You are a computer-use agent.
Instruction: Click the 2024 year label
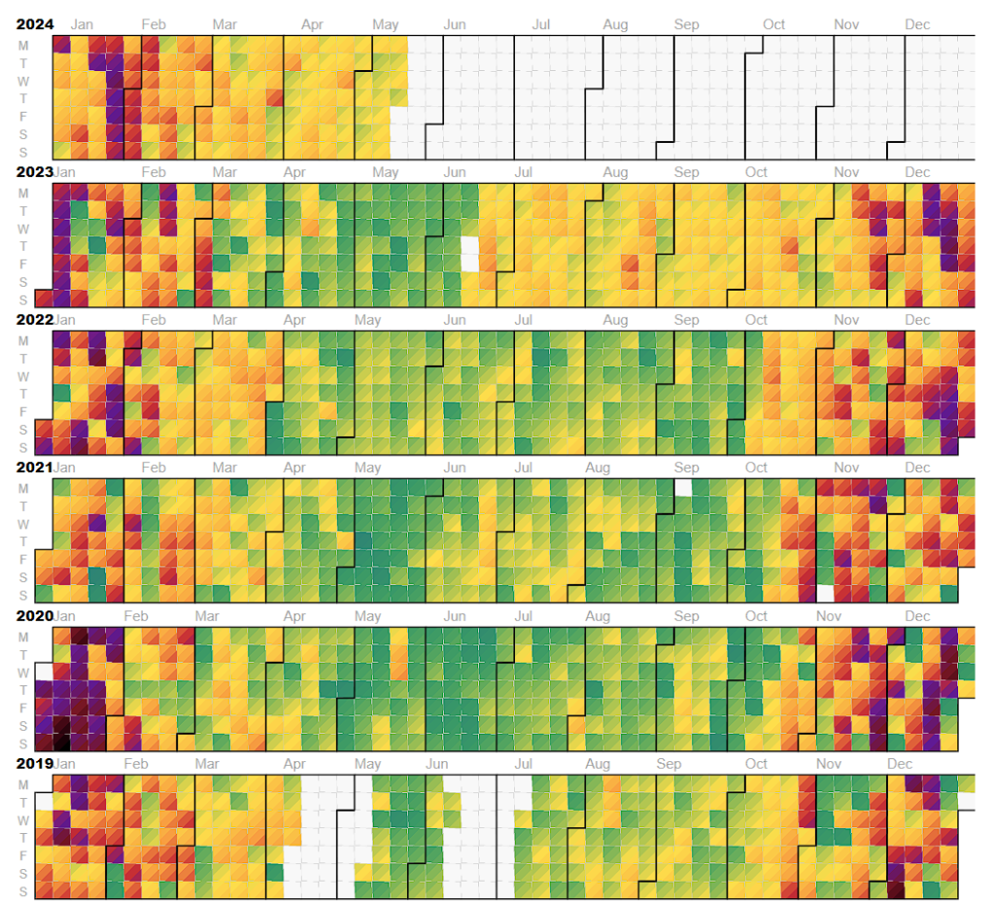[34, 24]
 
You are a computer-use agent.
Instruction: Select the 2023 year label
[34, 172]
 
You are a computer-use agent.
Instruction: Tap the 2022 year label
[34, 320]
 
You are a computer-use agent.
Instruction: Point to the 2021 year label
[34, 468]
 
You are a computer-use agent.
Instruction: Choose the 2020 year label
[34, 615]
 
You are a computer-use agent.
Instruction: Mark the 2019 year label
[34, 763]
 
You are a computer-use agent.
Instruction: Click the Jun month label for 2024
[454, 24]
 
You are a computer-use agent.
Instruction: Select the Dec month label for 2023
[917, 172]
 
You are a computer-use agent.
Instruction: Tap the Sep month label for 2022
[686, 320]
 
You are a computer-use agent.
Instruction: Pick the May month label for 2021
[367, 468]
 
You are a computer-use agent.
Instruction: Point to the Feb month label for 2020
[136, 615]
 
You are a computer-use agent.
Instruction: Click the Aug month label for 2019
[598, 763]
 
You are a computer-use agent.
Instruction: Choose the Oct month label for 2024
[773, 24]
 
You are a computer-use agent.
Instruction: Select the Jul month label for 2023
[523, 172]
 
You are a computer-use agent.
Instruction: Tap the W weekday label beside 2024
[23, 81]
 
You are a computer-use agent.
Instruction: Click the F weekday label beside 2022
[23, 411]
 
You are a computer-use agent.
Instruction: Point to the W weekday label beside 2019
[23, 819]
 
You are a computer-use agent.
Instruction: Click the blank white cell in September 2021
[683, 487]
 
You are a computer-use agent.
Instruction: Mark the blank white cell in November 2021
[825, 592]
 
